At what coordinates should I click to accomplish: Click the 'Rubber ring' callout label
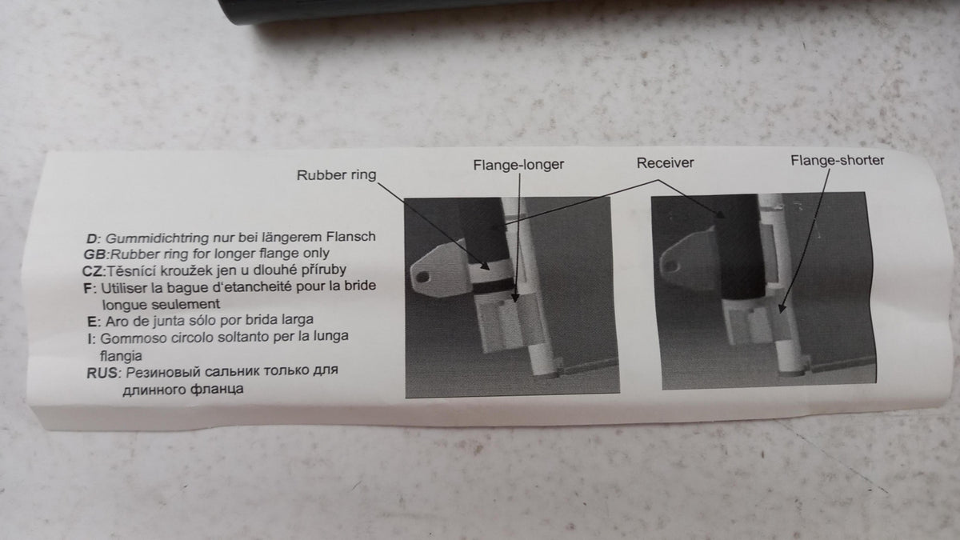coord(337,175)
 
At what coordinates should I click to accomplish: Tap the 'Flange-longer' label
coord(518,165)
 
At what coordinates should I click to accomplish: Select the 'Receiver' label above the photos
coord(665,163)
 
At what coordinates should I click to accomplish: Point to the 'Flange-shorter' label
coord(838,161)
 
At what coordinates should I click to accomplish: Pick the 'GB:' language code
coord(97,254)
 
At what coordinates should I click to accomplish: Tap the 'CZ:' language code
coord(94,272)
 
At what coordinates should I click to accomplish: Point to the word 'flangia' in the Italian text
coord(121,356)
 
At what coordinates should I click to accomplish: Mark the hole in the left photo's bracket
coord(422,277)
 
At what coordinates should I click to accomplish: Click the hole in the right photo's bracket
coord(671,266)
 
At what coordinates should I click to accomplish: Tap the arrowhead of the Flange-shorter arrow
coord(782,308)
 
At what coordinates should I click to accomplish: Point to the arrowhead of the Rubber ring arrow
coord(485,266)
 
